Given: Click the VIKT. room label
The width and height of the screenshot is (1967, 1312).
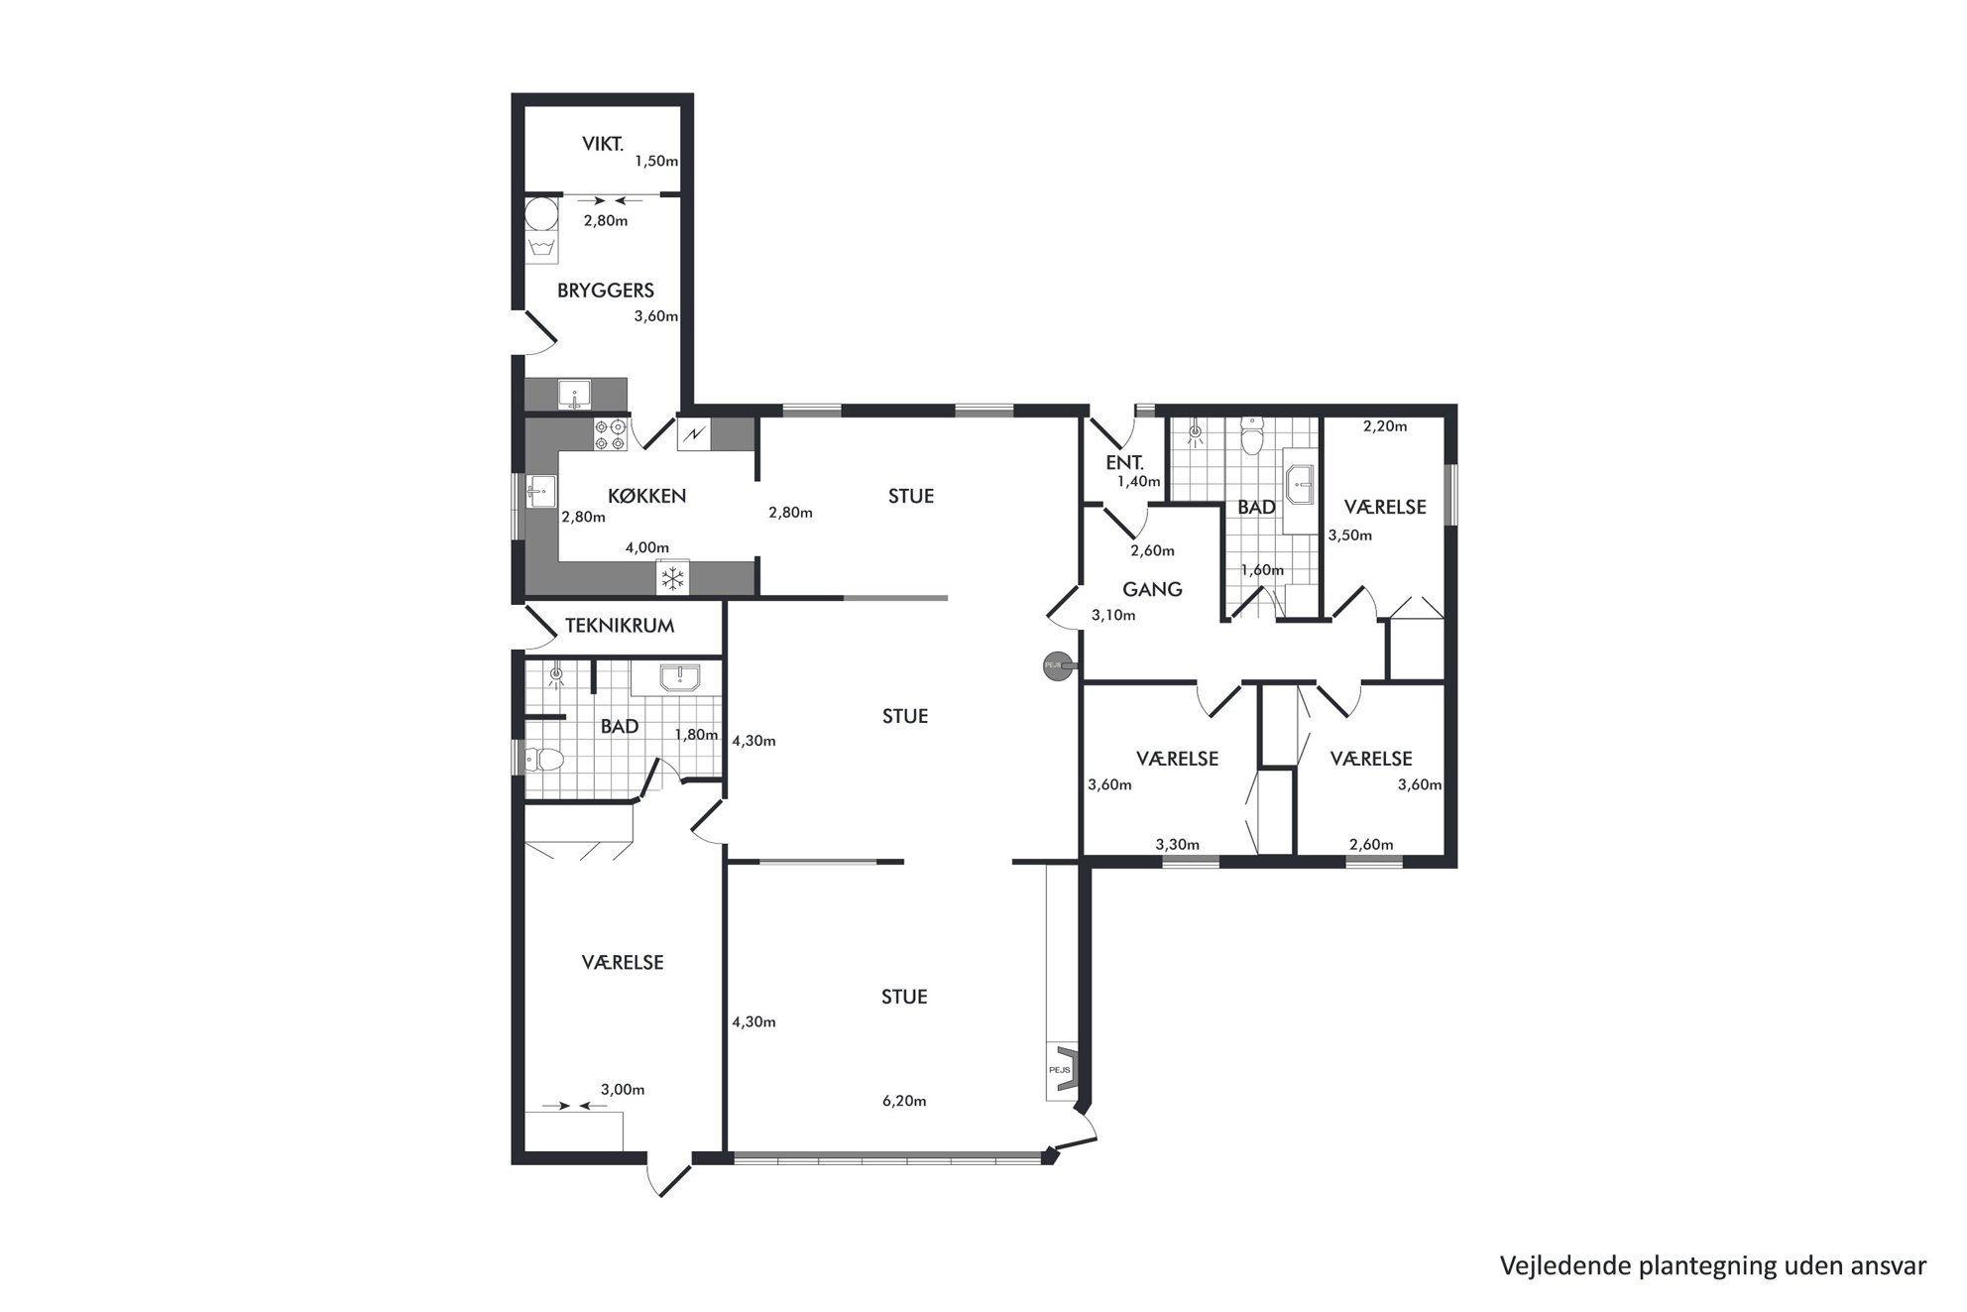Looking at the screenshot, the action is click(603, 144).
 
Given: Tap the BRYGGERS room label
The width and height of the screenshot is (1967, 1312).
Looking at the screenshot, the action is click(605, 291).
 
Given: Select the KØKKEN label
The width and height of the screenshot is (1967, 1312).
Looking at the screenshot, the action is click(647, 496).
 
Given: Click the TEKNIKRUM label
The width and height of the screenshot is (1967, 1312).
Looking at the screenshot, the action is click(620, 626).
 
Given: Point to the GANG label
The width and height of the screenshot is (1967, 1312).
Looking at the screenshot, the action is click(1152, 589).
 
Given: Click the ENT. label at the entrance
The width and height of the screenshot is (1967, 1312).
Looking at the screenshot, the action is click(1124, 462).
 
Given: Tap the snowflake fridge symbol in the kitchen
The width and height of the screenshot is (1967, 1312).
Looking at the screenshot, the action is click(673, 577).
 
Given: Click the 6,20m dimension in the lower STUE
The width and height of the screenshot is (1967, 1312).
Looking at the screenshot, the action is click(904, 1101).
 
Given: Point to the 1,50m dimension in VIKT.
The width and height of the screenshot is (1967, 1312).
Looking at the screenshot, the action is click(656, 161).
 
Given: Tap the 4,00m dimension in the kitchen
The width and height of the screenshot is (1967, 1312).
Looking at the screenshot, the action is click(646, 547).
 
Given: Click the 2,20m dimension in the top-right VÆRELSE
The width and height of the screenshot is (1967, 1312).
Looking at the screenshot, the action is click(1385, 426).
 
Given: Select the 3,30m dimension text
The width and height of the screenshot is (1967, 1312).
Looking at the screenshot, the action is click(1178, 845).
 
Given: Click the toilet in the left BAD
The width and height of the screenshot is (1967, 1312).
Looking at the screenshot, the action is click(543, 761).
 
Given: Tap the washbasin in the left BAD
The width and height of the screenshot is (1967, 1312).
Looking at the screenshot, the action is click(679, 677).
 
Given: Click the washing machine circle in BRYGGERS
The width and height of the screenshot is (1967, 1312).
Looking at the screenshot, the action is click(540, 213).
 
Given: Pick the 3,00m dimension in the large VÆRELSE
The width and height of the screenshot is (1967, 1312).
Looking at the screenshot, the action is click(623, 1089).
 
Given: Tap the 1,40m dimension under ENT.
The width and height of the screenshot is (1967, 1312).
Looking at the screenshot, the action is click(1139, 481).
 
